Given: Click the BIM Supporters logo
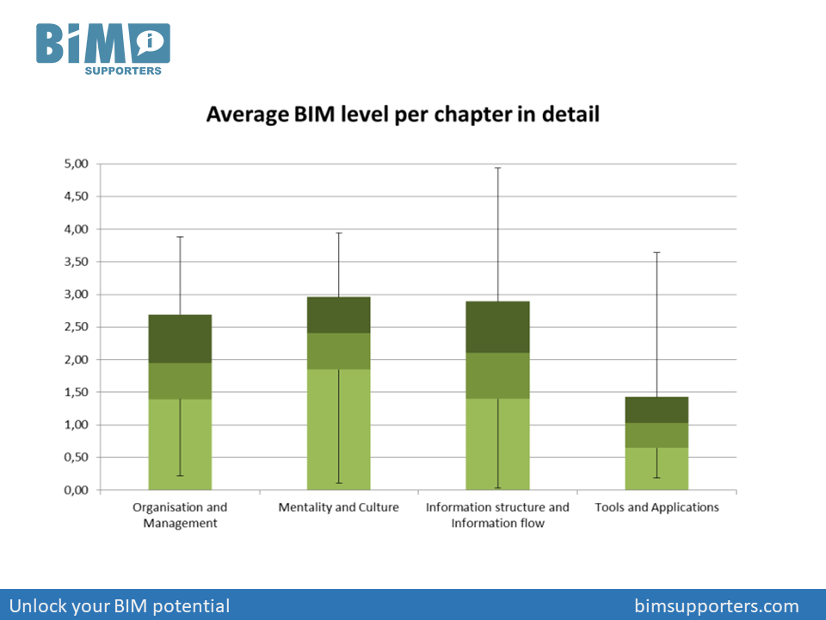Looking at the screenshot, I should click(x=102, y=47).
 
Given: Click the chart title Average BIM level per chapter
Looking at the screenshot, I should click(x=403, y=114).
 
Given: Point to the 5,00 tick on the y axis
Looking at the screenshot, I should click(x=78, y=164).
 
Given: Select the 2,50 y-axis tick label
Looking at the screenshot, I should click(x=78, y=327).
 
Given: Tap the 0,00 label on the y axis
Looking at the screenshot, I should click(x=78, y=490).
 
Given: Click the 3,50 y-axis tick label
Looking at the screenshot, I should click(x=78, y=262).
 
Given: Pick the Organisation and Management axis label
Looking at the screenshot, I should click(x=180, y=515).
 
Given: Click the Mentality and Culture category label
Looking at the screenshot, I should click(x=338, y=507).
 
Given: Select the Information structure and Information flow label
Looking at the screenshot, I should click(x=497, y=515).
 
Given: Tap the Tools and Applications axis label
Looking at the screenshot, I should click(x=656, y=507).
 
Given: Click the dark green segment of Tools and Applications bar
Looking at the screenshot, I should click(x=656, y=410).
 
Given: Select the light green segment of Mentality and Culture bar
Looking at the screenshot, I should click(x=338, y=430).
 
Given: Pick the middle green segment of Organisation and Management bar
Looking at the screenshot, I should click(x=180, y=381).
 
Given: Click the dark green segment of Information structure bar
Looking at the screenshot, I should click(x=497, y=327).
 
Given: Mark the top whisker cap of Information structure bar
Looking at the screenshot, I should click(x=497, y=168).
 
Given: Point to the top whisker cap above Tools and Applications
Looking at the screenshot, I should click(x=656, y=252).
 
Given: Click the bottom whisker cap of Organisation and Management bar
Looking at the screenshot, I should click(x=180, y=475).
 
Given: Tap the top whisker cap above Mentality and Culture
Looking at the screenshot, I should click(x=338, y=232).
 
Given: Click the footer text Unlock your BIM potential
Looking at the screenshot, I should click(x=120, y=606).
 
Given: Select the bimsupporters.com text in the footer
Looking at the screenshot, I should click(x=716, y=606).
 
